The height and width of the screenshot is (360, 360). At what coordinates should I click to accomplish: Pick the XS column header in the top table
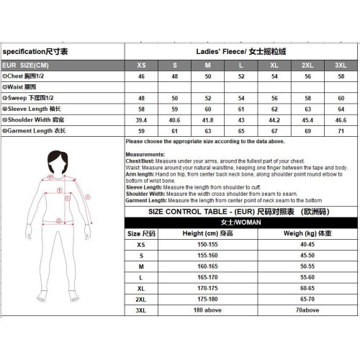(141, 65)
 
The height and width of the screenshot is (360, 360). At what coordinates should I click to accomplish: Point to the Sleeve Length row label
(33, 108)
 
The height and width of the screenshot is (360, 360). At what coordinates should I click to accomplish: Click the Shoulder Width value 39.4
(141, 120)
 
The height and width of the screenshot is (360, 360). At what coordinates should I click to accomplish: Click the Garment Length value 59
(141, 130)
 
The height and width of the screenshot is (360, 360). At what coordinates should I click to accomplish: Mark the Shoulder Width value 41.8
(208, 120)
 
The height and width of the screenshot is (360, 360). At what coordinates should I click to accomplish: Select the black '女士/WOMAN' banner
(241, 222)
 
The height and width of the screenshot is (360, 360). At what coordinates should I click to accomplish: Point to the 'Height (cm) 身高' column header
(207, 234)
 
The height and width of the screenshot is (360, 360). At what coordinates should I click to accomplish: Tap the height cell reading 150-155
(207, 245)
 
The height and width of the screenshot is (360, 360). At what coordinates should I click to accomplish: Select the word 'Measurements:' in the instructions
(145, 155)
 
